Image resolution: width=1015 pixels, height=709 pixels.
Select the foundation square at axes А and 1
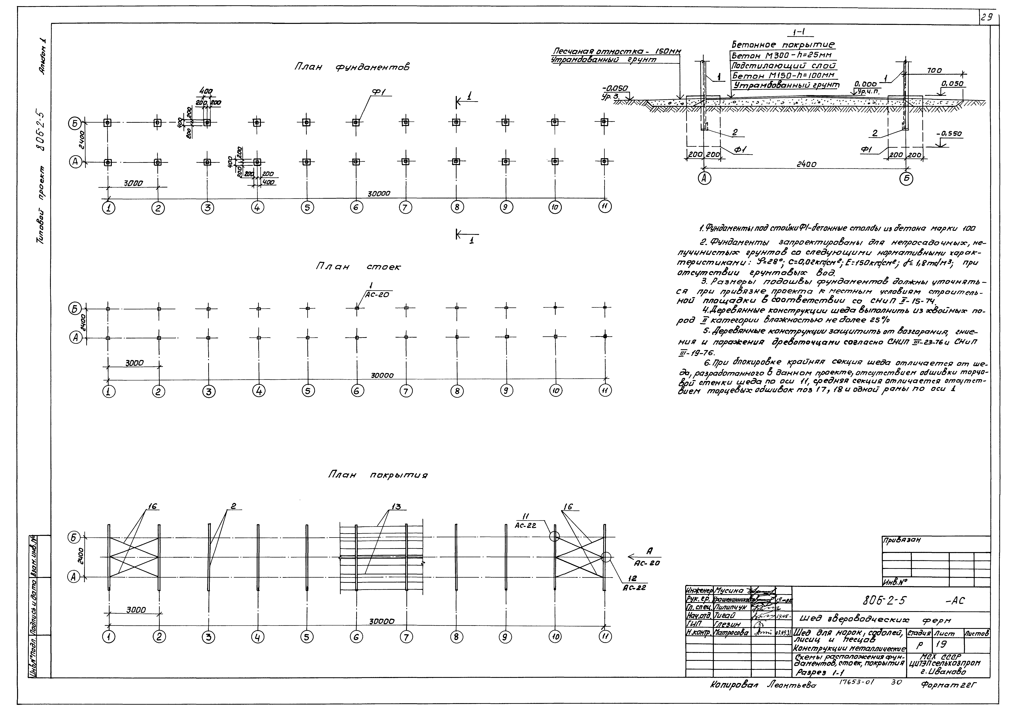(x=107, y=162)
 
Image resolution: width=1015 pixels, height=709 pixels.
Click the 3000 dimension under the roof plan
(x=136, y=610)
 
